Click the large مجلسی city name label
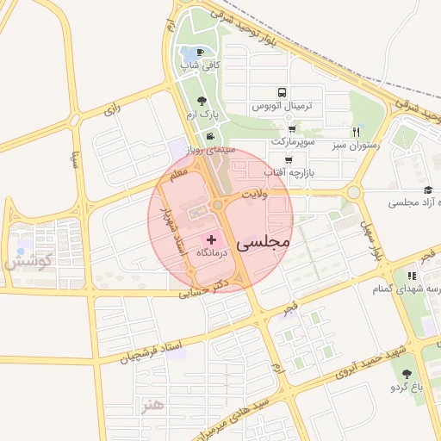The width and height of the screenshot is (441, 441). coord(259,244)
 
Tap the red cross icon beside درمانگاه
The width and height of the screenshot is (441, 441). coord(213,238)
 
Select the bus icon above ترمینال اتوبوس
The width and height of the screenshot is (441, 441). coord(281,93)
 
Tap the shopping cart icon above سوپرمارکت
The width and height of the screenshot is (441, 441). coord(293,128)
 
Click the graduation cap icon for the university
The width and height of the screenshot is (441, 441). coord(428,190)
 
